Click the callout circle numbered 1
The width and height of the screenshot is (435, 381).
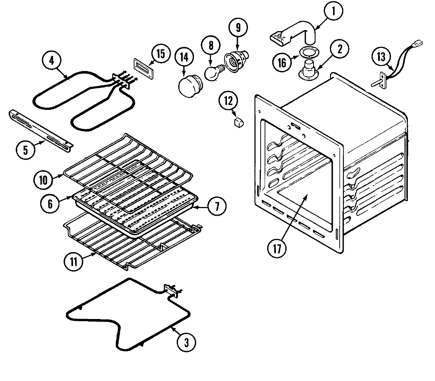coord(334,12)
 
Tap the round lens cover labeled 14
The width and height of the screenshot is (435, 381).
coord(189,87)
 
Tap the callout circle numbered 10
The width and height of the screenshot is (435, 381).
coord(43,180)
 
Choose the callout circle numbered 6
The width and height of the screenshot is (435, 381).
coord(50,203)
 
